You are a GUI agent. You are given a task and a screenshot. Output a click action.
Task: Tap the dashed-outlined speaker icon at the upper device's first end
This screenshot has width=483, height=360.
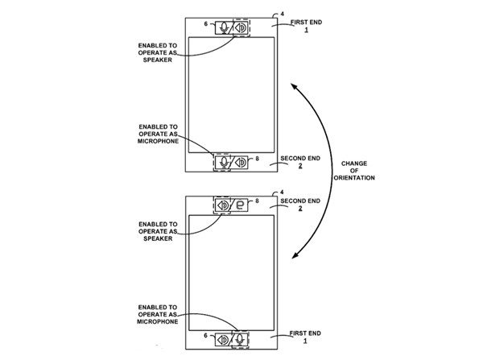pos(240,27)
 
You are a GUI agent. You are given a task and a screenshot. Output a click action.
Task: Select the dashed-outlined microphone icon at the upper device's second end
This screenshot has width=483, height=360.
pos(222,162)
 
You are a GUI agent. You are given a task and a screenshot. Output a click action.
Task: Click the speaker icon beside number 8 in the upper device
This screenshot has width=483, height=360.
pos(240,162)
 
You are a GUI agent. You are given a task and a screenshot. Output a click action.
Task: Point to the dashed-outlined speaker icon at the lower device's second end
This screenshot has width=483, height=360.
pos(222,205)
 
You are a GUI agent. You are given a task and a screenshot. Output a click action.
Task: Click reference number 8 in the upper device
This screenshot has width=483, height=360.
pos(258,160)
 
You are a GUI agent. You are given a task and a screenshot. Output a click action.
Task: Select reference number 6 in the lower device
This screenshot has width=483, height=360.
pos(206,335)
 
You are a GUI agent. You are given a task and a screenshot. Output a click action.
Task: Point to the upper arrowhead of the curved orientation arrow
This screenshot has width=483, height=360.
pos(295,82)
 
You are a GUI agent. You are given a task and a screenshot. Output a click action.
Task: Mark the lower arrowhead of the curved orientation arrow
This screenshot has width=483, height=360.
pos(295,256)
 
